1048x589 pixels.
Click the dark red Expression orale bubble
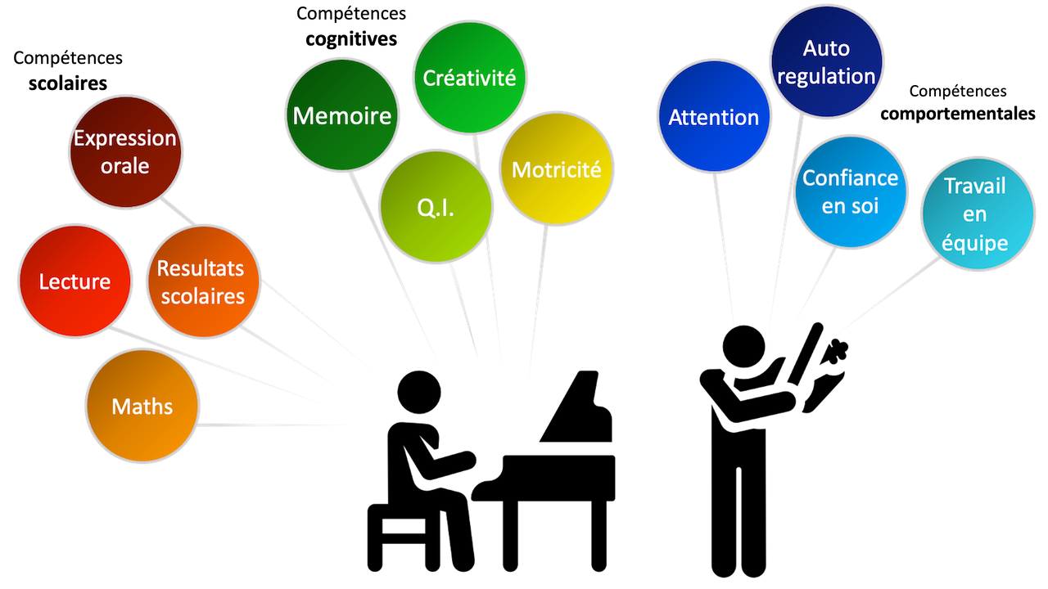pos(125,152)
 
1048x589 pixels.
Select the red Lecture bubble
pos(75,281)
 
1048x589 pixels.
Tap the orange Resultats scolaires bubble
pos(202,281)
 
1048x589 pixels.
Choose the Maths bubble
pos(142,406)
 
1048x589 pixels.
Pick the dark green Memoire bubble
pos(341,115)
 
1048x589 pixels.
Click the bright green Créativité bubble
pos(469,78)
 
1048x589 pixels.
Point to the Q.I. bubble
pos(436,207)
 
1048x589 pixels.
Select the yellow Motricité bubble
pos(556,169)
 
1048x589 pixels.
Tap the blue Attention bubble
pos(714,117)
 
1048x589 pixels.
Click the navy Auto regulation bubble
pos(826,61)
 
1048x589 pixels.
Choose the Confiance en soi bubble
pos(851,191)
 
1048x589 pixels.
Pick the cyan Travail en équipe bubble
pos(975,214)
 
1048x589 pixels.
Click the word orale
pos(125,166)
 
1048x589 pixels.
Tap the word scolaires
pos(202,295)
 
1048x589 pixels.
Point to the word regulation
pos(826,76)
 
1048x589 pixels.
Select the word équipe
pos(974,243)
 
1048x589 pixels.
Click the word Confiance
pos(851,178)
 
